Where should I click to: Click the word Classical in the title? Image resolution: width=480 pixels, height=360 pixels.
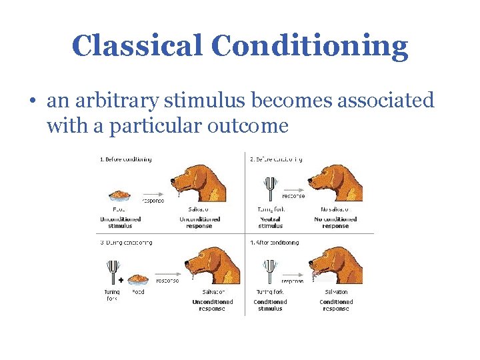pos(137,46)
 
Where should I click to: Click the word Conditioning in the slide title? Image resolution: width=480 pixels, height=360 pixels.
pos(310,46)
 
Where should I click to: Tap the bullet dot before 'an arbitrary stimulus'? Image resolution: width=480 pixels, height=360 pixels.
pos(32,101)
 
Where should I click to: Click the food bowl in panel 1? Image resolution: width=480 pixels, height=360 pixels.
pos(120,196)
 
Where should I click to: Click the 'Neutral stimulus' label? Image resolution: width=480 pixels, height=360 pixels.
pos(270,222)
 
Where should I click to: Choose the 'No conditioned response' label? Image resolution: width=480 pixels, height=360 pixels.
pos(335,222)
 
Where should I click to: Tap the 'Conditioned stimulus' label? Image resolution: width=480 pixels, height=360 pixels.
pos(270,305)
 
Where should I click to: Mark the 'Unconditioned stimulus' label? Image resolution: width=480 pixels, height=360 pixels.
pos(120,222)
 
